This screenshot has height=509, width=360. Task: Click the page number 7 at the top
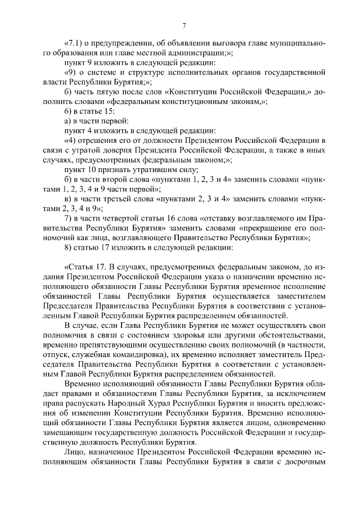(183, 25)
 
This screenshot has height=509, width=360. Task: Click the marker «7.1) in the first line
(75, 43)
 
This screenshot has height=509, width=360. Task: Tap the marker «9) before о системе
(73, 71)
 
